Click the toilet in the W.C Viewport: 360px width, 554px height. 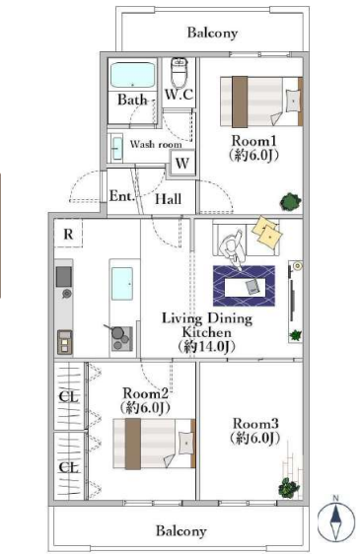pos(179,73)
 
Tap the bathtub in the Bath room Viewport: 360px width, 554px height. pos(132,75)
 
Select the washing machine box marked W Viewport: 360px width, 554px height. pos(182,163)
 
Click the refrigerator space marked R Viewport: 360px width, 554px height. pos(68,234)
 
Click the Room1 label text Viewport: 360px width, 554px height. pos(253,141)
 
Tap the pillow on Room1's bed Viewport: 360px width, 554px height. pos(292,101)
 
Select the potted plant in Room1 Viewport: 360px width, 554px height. pos(291,202)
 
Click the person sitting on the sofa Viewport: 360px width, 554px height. pos(232,248)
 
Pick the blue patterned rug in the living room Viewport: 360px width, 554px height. pos(244,286)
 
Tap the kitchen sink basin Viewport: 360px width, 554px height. pos(122,284)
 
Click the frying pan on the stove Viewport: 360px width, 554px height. pos(116,332)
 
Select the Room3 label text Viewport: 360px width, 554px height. pos(255,423)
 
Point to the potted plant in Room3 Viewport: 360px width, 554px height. pos(289,488)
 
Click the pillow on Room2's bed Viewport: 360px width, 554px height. pos(186,443)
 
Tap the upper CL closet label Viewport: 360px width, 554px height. pos(69,397)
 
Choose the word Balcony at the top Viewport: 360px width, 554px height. pos(212,33)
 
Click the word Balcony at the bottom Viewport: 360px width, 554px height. pos(181,531)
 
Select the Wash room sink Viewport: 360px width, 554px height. pos(115,148)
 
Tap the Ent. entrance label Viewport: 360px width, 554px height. pos(120,196)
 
